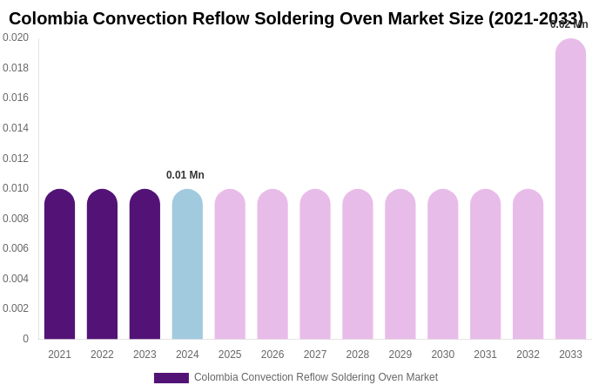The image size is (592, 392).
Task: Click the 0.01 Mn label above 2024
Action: tap(185, 175)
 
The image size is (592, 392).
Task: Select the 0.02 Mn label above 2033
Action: tap(568, 24)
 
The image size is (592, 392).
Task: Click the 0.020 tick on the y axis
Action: tap(16, 37)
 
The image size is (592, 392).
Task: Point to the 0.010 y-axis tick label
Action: tap(16, 188)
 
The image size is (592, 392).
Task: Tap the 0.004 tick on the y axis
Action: tap(16, 279)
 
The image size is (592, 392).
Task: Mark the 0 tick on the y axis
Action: tap(25, 339)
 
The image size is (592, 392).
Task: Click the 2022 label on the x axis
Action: tap(102, 355)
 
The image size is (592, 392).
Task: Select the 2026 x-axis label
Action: tap(272, 355)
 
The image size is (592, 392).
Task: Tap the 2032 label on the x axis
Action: tap(528, 355)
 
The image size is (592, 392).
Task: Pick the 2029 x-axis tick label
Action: tap(400, 355)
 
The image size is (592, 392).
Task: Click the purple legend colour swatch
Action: tap(172, 378)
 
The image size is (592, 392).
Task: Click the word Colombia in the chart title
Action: tap(49, 18)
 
